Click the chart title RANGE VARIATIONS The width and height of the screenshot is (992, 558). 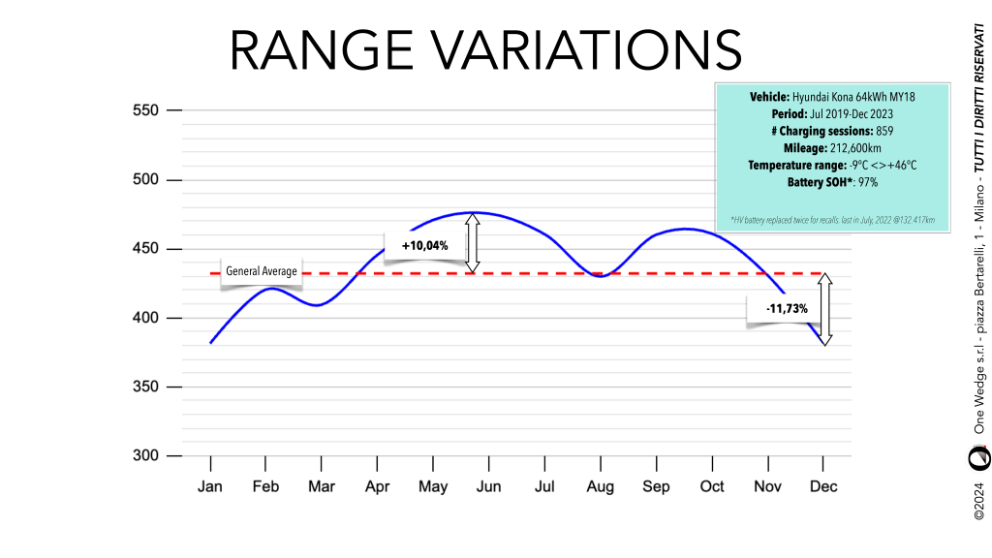(x=485, y=50)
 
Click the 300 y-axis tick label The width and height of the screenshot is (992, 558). (x=145, y=456)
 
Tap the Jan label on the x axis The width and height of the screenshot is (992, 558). (x=210, y=486)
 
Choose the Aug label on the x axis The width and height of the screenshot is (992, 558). (x=601, y=486)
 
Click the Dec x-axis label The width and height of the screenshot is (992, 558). (x=823, y=486)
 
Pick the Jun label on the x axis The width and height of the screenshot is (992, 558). (x=489, y=486)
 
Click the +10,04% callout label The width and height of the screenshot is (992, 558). (x=425, y=246)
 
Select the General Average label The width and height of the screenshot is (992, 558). (x=262, y=271)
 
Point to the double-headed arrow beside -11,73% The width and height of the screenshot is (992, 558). (x=824, y=309)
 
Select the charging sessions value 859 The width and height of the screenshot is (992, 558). (x=883, y=131)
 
